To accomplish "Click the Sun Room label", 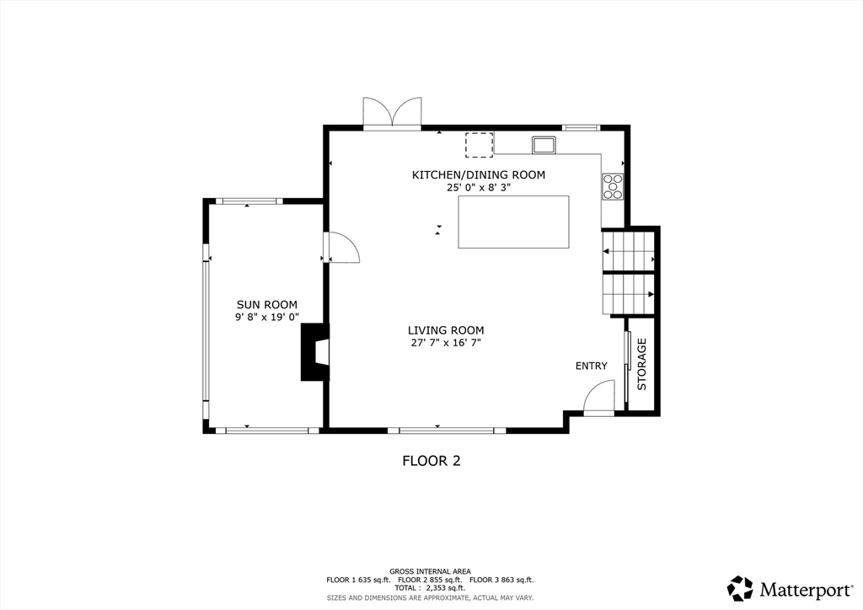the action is point(267,305).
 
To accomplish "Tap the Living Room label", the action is point(446,330).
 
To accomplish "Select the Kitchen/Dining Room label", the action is point(479,175).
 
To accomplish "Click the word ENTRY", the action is point(591,366).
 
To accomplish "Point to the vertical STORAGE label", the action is point(641,364).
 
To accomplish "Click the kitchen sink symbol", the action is point(544,145).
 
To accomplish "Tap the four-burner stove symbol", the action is point(613,186).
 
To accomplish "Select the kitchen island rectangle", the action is point(513,222).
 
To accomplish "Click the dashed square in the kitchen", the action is point(479,145).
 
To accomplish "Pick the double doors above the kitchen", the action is point(392,113).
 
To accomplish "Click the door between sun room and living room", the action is point(341,247).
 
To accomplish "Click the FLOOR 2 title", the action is point(431,461).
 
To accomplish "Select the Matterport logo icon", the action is point(740,589).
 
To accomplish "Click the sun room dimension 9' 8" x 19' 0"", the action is point(267,318).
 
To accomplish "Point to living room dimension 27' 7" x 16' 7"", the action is point(446,343).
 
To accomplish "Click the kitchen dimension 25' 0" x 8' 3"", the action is point(479,188).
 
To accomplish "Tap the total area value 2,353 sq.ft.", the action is point(442,588).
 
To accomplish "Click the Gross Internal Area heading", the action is point(430,571).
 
